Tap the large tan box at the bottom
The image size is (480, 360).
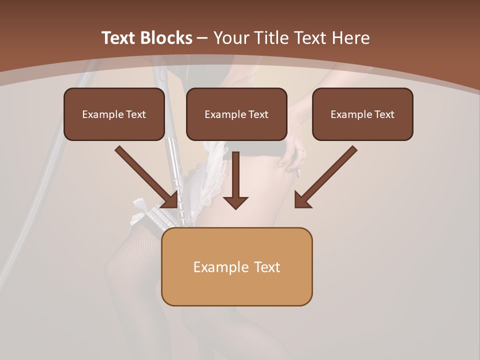(236, 266)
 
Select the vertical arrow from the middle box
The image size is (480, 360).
(235, 180)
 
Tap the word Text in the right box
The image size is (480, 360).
(384, 114)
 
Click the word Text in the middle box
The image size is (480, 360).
(258, 114)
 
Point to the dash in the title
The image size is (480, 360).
(202, 38)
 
